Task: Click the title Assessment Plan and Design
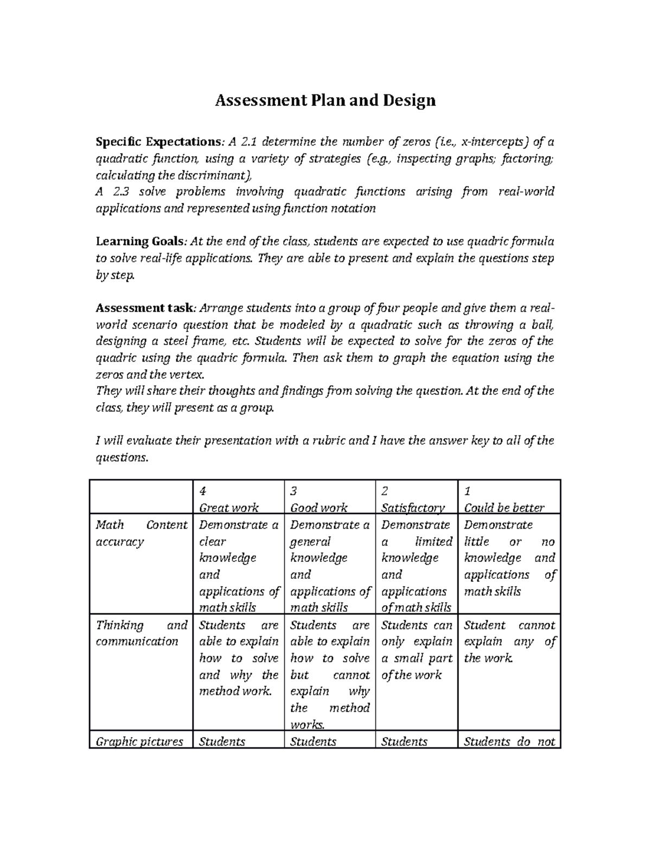(325, 100)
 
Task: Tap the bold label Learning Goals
(140, 242)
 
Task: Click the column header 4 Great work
(229, 499)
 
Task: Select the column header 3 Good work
(319, 499)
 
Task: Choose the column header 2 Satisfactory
(412, 499)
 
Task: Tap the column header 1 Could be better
(504, 499)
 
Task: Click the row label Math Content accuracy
(141, 533)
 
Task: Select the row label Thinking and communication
(141, 633)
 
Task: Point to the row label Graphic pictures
(139, 741)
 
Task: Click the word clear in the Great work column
(213, 542)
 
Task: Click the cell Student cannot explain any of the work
(509, 642)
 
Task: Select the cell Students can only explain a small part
(417, 650)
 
